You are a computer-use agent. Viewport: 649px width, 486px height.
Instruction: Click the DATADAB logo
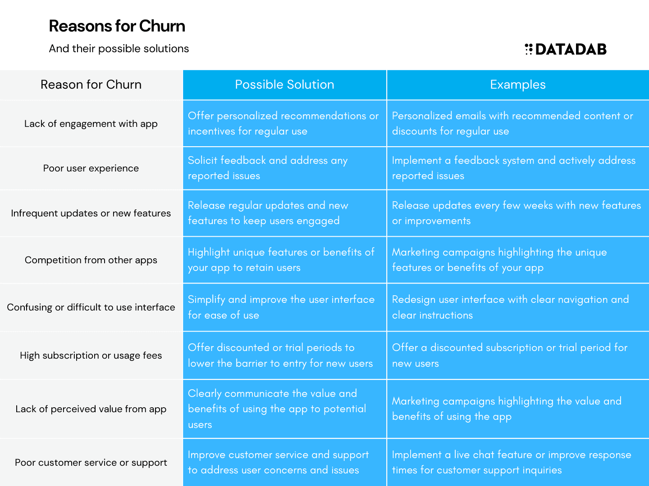click(565, 49)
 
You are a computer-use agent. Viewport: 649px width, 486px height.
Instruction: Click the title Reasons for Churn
click(117, 26)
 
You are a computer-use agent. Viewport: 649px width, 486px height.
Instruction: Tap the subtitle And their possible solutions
click(119, 49)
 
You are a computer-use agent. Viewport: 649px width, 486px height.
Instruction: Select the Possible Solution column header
click(284, 85)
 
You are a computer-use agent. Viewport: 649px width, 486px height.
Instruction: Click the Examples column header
click(518, 85)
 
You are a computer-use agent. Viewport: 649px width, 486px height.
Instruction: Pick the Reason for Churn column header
click(91, 85)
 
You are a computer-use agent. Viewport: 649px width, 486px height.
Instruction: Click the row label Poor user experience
click(91, 168)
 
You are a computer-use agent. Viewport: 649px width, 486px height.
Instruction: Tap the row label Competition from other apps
click(91, 260)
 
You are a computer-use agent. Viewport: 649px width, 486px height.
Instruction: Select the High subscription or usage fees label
click(91, 355)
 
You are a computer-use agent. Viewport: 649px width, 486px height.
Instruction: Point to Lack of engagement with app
click(91, 124)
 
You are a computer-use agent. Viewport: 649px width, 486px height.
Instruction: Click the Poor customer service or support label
click(91, 463)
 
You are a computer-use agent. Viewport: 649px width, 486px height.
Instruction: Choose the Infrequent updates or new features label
click(91, 213)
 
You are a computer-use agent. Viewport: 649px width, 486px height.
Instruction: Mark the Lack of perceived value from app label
click(91, 409)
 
